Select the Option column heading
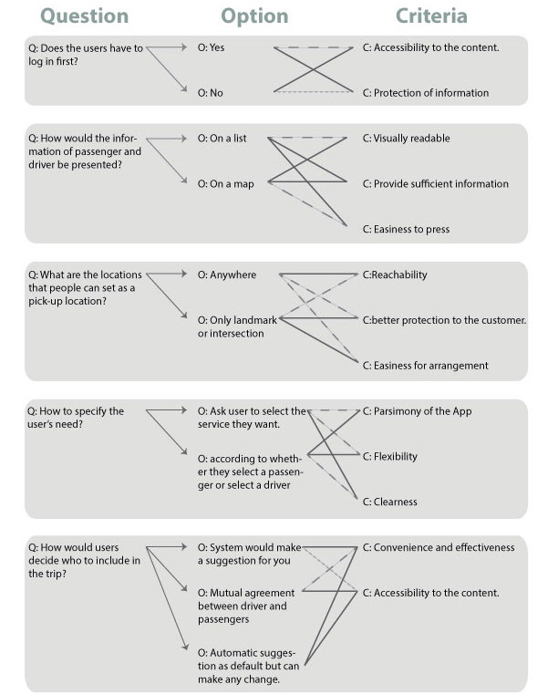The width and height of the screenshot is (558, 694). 254,16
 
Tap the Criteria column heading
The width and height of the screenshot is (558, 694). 431,16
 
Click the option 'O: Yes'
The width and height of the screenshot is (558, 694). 211,47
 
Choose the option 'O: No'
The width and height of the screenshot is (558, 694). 210,93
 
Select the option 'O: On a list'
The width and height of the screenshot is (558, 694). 222,139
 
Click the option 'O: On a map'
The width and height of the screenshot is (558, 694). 225,183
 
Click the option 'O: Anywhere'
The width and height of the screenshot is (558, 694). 227,274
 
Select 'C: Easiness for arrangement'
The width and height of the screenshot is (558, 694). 425,366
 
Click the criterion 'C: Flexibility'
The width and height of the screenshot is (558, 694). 393,456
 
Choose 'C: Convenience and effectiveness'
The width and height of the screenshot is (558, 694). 439,547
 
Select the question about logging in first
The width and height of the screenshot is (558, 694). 85,55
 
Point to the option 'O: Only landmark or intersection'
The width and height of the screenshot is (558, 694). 235,326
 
